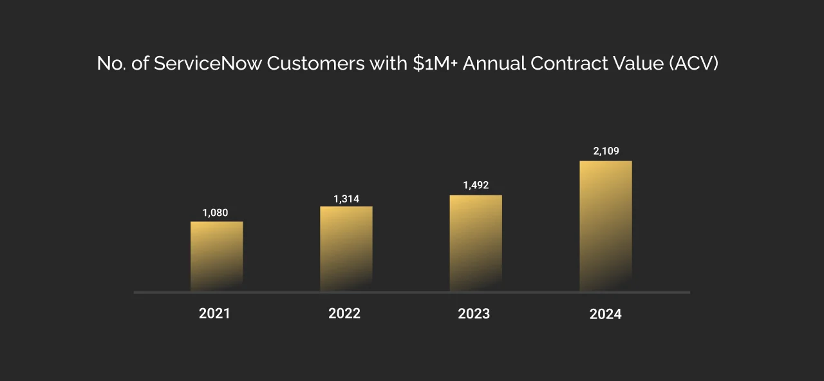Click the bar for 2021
[x=216, y=256]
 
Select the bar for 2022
[x=346, y=248]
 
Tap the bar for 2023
[x=476, y=243]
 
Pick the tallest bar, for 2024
[x=606, y=226]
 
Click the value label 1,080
[x=215, y=213]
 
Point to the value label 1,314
[x=346, y=199]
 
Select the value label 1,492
[x=476, y=186]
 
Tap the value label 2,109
[x=606, y=151]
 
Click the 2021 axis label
[x=214, y=314]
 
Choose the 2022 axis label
[x=344, y=314]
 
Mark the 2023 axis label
[x=474, y=314]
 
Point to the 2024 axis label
[x=606, y=315]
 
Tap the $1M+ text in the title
[x=435, y=64]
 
